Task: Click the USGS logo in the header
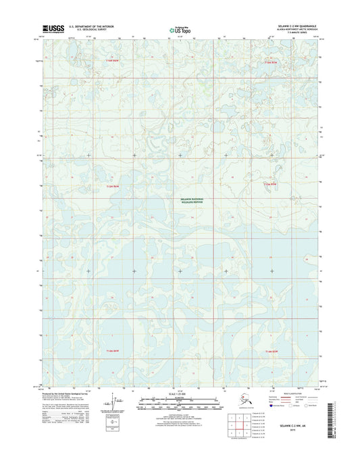[x=53, y=28]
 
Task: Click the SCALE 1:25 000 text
[x=180, y=393]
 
